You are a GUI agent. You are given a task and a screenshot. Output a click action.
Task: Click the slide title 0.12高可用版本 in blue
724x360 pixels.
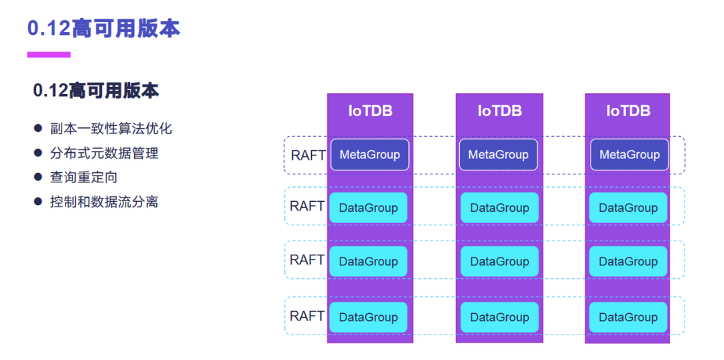pos(103,28)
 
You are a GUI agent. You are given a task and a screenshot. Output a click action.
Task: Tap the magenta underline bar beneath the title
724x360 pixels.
pos(48,54)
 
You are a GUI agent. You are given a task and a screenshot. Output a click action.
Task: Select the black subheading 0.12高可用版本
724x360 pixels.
pos(96,91)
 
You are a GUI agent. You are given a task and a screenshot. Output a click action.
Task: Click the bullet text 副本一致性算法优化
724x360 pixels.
pos(111,129)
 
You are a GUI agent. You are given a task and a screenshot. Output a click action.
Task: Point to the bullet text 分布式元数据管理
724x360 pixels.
pos(104,153)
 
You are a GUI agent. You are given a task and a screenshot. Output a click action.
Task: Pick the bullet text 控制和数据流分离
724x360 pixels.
pos(104,201)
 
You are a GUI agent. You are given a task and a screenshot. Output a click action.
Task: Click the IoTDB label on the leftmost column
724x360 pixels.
pos(370,111)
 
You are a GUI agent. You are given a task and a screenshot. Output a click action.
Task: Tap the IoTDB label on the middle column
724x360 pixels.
pos(499,111)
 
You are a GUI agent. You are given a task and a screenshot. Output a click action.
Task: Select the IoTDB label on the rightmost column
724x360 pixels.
pos(628,111)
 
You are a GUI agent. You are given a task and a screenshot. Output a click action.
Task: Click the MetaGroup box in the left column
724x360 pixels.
pos(369,155)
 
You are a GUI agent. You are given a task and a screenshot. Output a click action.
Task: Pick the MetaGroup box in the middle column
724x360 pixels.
pos(499,155)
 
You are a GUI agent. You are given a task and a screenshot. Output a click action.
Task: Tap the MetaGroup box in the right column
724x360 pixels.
pos(629,155)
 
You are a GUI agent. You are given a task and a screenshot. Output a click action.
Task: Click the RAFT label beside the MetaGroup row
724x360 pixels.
pos(308,155)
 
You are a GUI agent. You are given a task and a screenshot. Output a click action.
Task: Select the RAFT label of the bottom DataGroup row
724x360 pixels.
pos(307,316)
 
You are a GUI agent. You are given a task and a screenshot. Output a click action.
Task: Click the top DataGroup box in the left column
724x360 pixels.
pos(368,208)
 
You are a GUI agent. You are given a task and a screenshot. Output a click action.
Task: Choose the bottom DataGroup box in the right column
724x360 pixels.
pos(628,317)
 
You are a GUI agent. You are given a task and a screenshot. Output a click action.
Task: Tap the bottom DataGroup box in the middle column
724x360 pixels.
pos(499,317)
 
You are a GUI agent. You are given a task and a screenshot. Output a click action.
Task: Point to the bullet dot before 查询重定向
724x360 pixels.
pos(38,177)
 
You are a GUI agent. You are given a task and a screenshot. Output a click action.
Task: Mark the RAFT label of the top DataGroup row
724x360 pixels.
pos(307,206)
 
